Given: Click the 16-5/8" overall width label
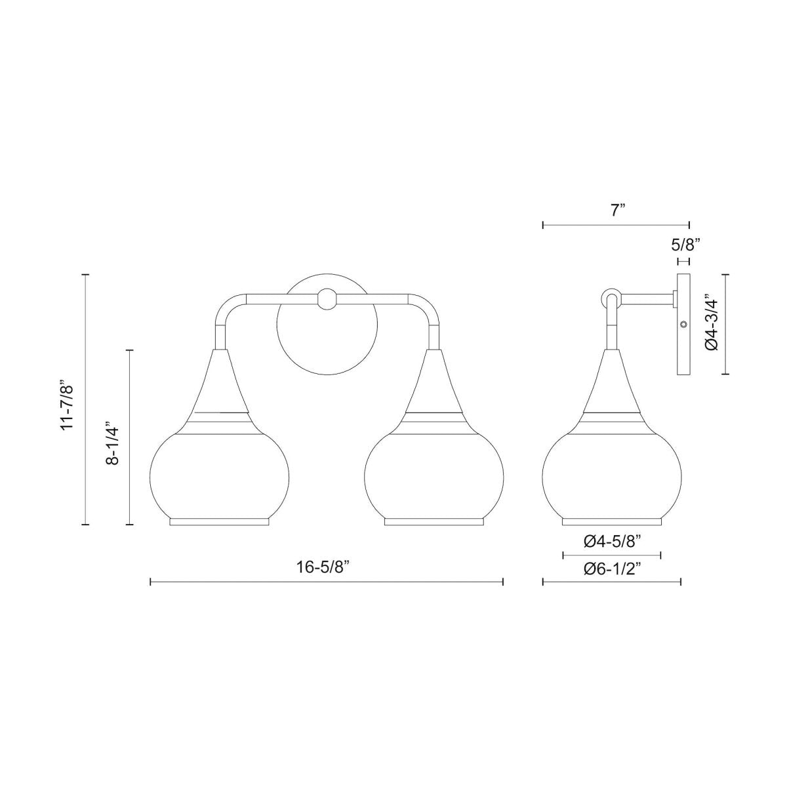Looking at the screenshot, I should pos(327,567).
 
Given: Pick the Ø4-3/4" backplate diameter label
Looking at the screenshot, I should pos(711,325).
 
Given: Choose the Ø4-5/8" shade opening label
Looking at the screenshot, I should pos(612,542).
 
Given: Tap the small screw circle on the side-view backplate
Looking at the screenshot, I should pos(684,324).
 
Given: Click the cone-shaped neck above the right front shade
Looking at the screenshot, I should pos(434,384).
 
